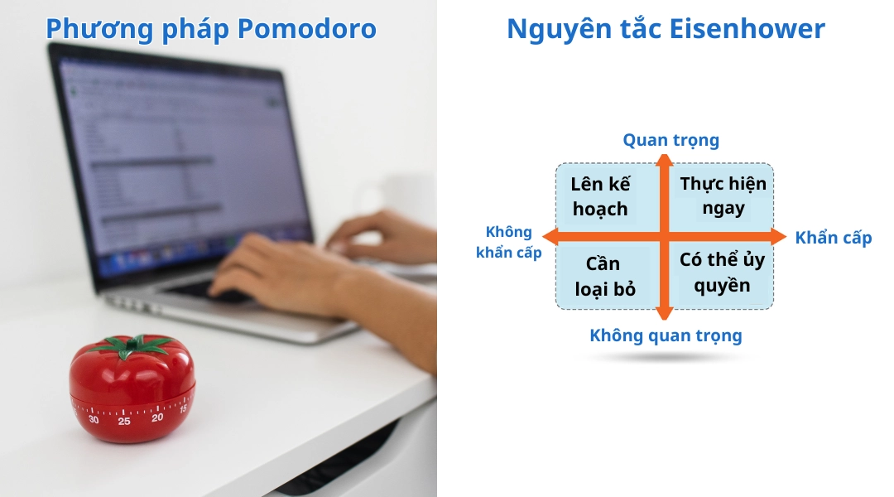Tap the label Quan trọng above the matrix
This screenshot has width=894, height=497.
[x=670, y=141]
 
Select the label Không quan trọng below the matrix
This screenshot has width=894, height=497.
[x=666, y=335]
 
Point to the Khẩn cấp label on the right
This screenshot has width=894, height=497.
[x=833, y=239]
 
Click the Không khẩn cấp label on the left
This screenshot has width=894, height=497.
[x=508, y=243]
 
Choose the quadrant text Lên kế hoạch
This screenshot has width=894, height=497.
[x=600, y=196]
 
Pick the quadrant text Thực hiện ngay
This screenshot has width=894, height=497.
[x=723, y=196]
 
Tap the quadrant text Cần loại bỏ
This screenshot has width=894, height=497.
[x=604, y=276]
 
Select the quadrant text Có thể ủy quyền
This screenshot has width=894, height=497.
[x=722, y=273]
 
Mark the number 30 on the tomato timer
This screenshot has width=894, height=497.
[x=94, y=419]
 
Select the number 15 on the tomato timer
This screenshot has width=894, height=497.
[x=183, y=408]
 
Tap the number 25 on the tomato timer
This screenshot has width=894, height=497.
[x=123, y=422]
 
